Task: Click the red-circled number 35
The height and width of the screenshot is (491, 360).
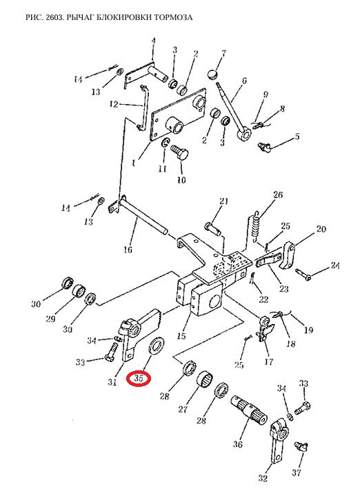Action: [139, 379]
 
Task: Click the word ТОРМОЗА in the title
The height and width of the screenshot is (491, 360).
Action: [173, 17]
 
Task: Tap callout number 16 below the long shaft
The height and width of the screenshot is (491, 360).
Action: [128, 250]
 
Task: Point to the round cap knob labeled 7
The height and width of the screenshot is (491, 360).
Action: [212, 74]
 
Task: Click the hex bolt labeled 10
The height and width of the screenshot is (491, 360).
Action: [180, 152]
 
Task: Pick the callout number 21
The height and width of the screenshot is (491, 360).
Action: [224, 201]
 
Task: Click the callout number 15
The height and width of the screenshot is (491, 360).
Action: [181, 336]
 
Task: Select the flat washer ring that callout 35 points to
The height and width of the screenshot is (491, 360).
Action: [157, 346]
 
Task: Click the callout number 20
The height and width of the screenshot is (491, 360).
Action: [321, 229]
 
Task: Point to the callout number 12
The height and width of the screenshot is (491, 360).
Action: [114, 104]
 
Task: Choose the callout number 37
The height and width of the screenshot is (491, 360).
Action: [297, 472]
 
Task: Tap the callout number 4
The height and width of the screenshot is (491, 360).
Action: [154, 41]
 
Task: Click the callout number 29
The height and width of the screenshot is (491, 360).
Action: [50, 319]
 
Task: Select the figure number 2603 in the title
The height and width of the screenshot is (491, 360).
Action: [54, 17]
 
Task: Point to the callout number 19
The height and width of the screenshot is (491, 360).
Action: [308, 330]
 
